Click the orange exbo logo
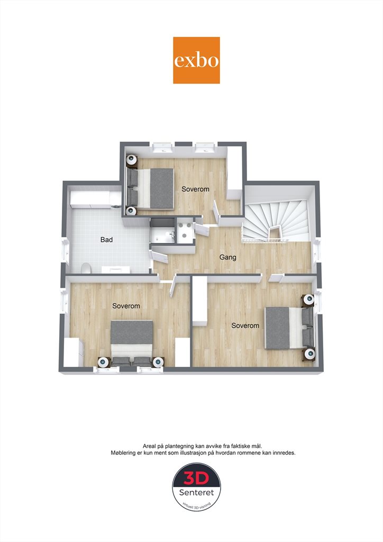tap(196, 60)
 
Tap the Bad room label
tap(106, 240)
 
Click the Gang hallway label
tap(228, 257)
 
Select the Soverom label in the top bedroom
tap(196, 189)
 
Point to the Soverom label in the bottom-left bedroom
tap(126, 306)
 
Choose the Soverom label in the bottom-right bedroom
tap(245, 326)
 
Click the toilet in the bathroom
tap(86, 268)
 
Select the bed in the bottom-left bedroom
tap(132, 342)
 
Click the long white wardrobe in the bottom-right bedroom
tap(199, 300)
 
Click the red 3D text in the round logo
tap(196, 478)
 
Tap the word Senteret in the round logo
tap(196, 492)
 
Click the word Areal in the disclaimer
tap(149, 446)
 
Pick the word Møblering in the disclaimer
tap(123, 453)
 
